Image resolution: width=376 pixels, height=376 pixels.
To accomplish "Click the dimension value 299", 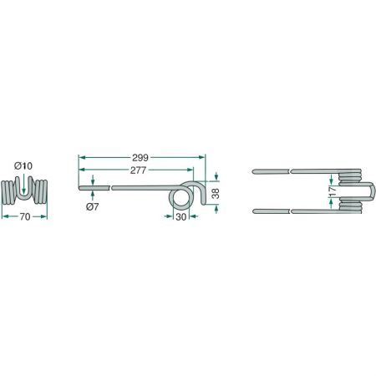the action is tap(140, 158).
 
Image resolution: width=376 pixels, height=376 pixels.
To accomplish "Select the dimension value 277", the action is tap(138, 170).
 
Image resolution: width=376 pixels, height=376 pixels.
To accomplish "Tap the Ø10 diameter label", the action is tap(23, 166).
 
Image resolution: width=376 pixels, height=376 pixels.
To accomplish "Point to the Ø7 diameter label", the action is tap(92, 207).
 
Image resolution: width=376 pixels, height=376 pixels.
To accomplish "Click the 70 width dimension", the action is tap(25, 216).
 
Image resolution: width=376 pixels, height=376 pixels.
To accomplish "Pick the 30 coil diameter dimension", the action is tap(181, 216).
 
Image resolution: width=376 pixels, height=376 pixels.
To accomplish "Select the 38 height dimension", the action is tap(216, 193).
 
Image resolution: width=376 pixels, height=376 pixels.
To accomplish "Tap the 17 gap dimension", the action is tap(333, 192).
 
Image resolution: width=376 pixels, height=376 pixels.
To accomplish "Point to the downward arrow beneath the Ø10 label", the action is tap(24, 184).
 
